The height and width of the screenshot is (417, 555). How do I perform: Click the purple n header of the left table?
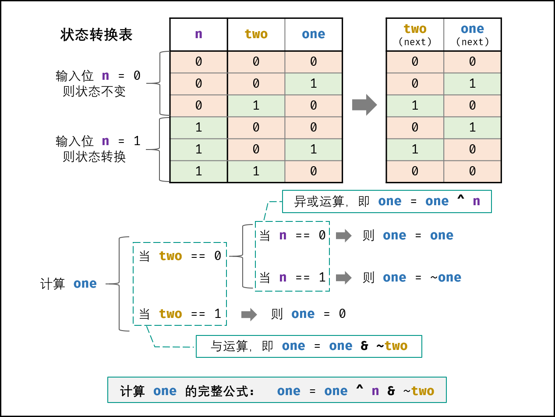point(198,34)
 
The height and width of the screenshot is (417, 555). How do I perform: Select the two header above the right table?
point(415,29)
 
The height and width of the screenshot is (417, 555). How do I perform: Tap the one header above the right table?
point(472,29)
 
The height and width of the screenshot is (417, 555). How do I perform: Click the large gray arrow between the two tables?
point(364,105)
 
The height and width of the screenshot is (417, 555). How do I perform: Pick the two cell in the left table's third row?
point(256,106)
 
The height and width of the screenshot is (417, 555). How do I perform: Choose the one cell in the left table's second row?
point(313,84)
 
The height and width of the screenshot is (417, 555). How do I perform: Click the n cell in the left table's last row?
point(198,171)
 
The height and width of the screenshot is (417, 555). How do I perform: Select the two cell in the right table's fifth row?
point(415,150)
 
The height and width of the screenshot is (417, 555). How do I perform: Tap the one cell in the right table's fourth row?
point(472,128)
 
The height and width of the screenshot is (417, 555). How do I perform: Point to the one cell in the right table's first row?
point(472,62)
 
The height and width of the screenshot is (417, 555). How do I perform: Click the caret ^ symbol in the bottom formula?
point(360,390)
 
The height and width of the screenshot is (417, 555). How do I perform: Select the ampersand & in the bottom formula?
point(391,391)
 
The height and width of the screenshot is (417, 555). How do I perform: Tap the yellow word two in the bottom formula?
point(423,391)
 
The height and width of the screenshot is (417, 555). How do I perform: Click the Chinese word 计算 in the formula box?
point(132,391)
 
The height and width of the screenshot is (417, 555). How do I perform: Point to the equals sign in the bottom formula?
point(312,391)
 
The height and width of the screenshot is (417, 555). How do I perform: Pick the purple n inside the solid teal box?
point(476,201)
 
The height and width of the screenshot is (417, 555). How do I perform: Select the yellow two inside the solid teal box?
point(396,346)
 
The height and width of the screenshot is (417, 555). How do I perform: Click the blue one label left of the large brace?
point(85,284)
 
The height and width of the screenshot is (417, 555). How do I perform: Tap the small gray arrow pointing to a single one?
point(249,314)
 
